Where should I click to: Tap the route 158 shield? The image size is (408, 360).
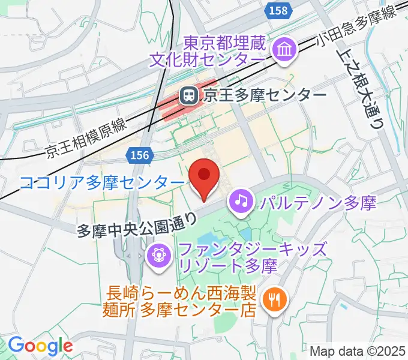point(278,10)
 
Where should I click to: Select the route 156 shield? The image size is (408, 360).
point(137,155)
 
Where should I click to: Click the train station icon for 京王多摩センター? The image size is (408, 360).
point(189,94)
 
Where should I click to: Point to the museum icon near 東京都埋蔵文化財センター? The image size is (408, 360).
point(281,50)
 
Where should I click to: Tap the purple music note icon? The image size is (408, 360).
point(241,200)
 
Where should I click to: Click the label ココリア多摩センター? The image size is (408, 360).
point(101,182)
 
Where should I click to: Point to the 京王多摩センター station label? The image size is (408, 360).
point(265,95)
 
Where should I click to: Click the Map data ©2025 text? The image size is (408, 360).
point(358,351)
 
